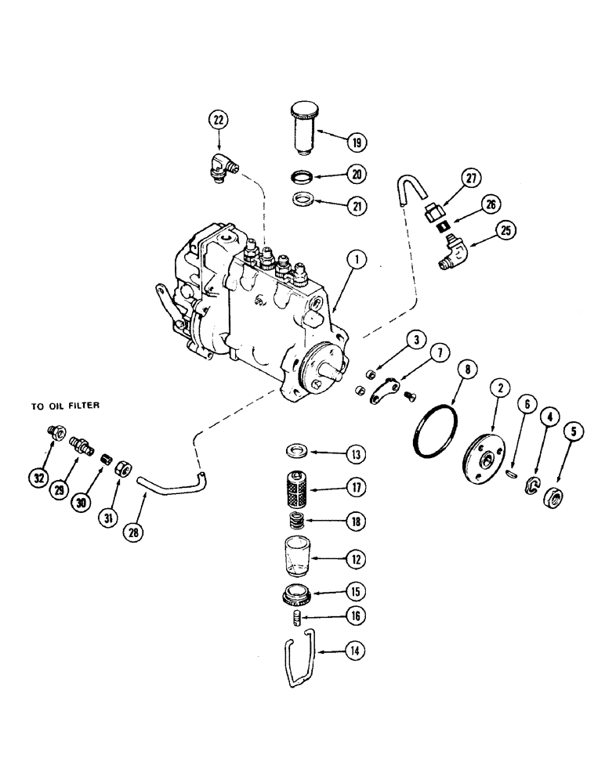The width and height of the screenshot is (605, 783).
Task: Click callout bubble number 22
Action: (219, 120)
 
